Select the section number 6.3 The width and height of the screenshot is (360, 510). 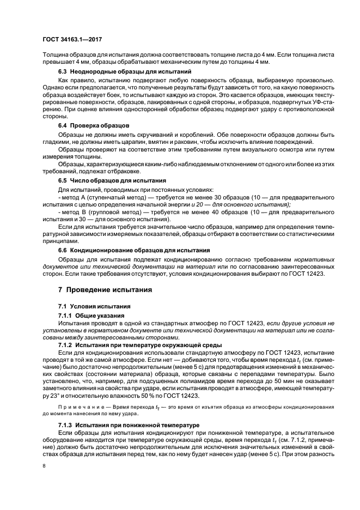click(63, 72)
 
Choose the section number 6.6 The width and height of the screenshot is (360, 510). click(63, 250)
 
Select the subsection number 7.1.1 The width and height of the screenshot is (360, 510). click(65, 315)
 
